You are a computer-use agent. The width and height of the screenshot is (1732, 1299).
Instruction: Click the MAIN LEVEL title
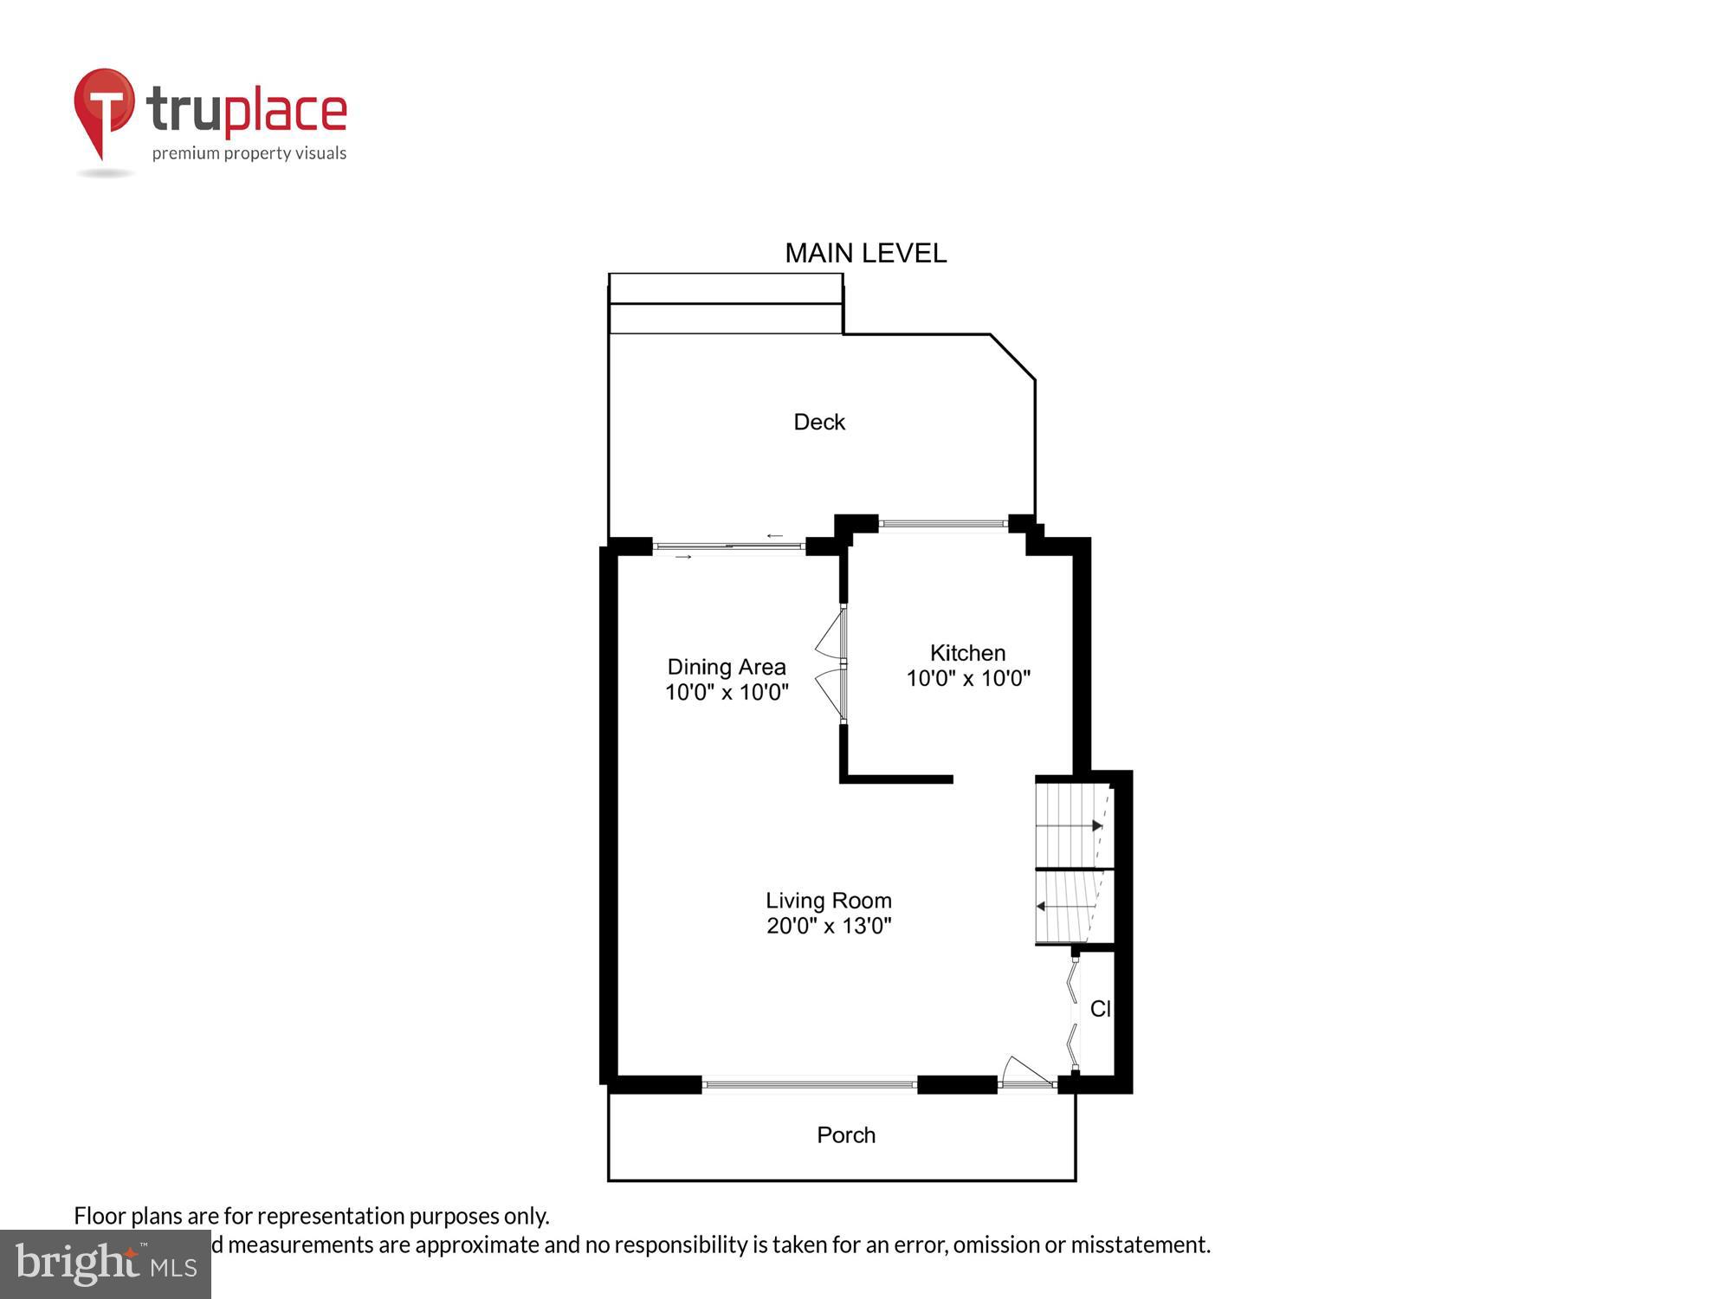point(865,253)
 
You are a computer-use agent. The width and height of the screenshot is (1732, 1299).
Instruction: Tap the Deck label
point(818,422)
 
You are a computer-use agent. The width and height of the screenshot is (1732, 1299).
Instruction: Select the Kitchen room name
point(967,653)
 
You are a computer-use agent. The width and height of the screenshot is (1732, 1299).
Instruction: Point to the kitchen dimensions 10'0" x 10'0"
point(967,678)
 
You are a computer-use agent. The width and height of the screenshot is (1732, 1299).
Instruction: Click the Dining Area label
point(726,667)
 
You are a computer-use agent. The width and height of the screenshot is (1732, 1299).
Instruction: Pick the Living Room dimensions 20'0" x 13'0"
point(828,926)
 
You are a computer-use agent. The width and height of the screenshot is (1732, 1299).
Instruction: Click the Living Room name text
point(828,901)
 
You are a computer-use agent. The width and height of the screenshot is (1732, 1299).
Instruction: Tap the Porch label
point(846,1134)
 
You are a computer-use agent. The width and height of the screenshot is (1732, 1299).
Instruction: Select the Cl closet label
point(1100,1008)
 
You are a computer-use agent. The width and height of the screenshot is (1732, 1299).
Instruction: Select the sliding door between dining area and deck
point(728,546)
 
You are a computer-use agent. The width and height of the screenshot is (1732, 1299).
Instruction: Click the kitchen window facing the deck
point(942,523)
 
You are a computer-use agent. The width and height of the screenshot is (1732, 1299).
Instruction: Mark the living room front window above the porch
point(809,1083)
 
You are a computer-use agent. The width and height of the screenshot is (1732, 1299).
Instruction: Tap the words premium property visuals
point(249,153)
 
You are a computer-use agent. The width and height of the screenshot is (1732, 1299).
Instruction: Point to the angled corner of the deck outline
point(1012,357)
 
